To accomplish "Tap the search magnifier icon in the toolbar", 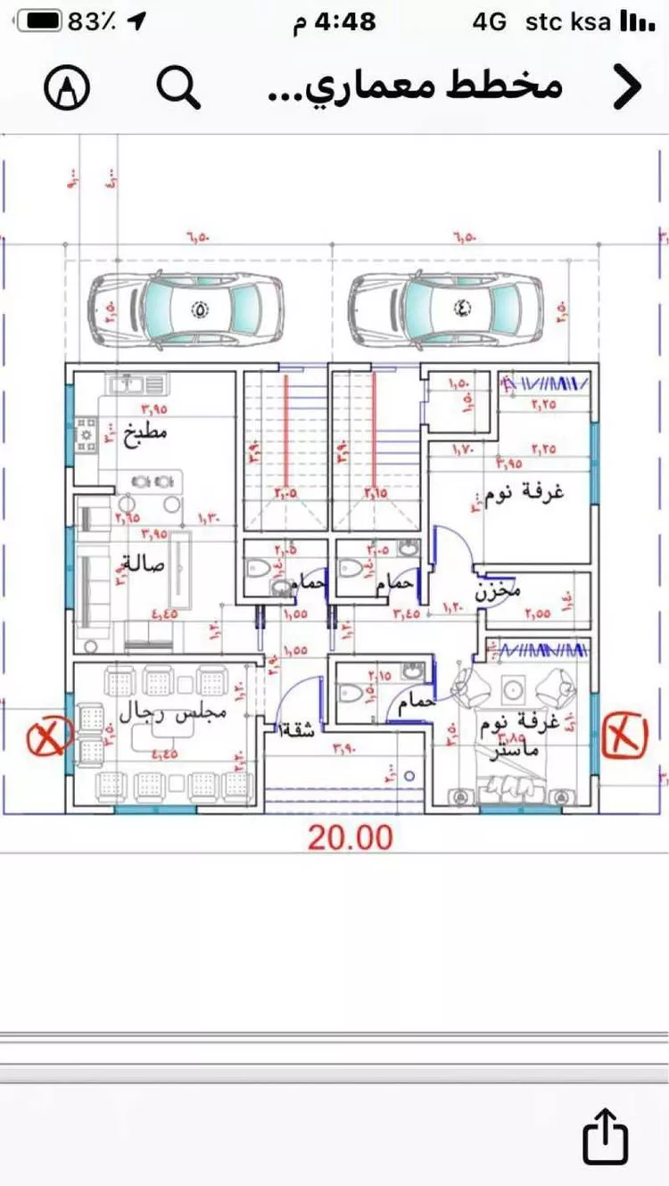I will point(178,86).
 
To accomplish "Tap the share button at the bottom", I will point(606,1136).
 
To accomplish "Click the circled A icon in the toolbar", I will point(67,87).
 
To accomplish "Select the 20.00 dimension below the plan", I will point(351,837).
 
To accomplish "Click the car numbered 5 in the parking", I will point(186,310).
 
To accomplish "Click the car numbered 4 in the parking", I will point(446,310).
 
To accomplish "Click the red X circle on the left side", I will point(51,737).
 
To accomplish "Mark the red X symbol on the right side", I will point(625,735).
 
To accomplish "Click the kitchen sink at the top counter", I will point(137,384).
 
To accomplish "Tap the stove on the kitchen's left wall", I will point(87,434).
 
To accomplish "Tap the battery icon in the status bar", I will point(39,21).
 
